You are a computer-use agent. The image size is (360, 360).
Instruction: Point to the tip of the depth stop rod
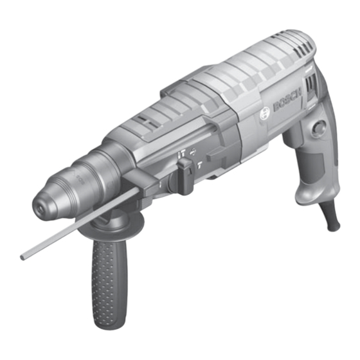click(24, 257)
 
